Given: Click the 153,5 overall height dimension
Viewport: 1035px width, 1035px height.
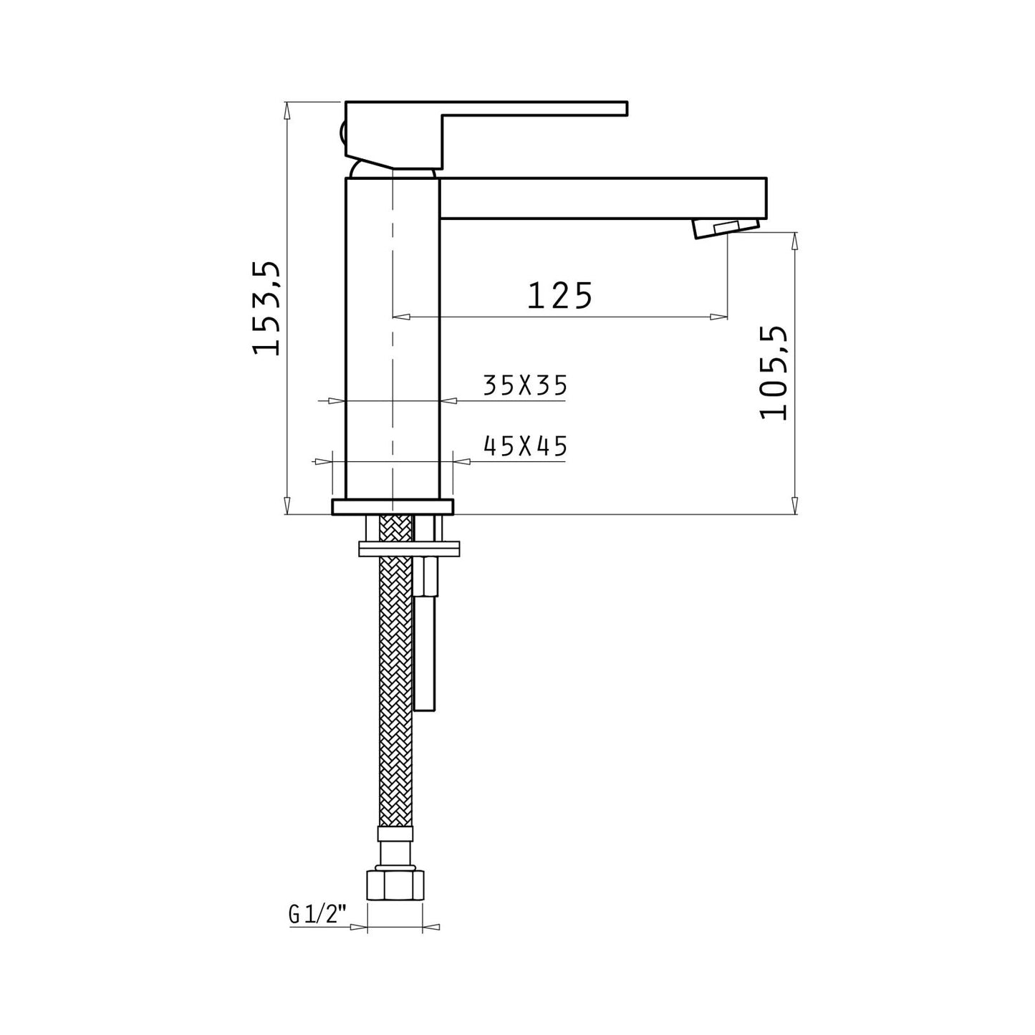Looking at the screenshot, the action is point(266,308).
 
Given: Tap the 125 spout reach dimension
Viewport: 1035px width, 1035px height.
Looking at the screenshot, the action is point(559,295).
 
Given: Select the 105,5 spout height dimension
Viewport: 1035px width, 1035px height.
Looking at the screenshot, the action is point(774,372).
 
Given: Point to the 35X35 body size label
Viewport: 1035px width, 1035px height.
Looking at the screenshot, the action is point(525,385).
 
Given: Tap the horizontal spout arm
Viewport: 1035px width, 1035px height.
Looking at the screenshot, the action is point(602,198).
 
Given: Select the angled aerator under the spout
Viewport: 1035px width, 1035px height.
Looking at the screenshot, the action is point(726,228).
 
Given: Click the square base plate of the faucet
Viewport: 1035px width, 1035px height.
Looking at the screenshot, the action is point(393,507).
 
